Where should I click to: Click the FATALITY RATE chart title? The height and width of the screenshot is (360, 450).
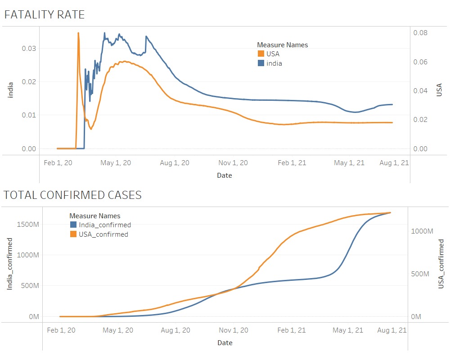[x=44, y=14]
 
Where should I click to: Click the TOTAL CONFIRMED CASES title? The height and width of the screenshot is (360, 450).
[x=72, y=195]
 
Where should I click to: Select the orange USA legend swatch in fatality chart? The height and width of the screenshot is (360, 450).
[x=261, y=54]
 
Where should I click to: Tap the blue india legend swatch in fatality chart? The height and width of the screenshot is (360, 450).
[x=261, y=63]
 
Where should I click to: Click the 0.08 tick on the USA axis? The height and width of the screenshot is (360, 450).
[x=420, y=33]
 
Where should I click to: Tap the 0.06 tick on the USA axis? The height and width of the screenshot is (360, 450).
[x=420, y=62]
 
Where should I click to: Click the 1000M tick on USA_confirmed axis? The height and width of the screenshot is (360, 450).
[x=422, y=231]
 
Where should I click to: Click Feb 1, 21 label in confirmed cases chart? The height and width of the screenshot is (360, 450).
[x=292, y=330]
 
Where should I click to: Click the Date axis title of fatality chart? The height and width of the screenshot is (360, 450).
[x=225, y=175]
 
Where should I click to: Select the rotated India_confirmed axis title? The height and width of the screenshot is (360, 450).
[x=9, y=263]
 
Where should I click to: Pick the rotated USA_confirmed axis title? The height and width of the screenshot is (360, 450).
[x=441, y=264]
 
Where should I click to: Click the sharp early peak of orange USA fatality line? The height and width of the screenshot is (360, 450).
[x=78, y=33]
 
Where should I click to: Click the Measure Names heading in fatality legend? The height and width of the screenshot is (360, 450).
[x=282, y=45]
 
